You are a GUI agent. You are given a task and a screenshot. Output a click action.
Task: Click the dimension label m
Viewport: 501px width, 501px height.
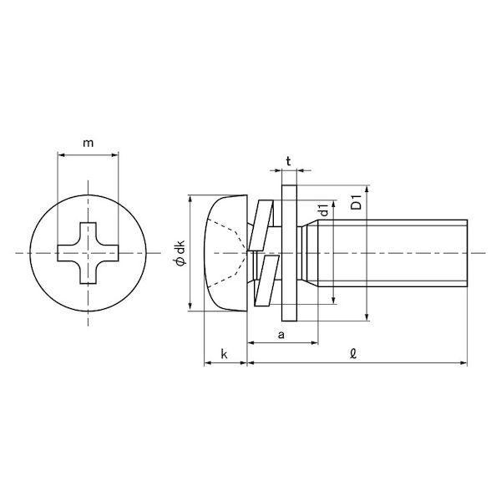[89, 143]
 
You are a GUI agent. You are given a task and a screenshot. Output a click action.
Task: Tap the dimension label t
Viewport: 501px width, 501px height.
[289, 162]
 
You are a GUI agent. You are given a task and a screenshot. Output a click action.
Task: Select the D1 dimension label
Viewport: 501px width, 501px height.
[356, 202]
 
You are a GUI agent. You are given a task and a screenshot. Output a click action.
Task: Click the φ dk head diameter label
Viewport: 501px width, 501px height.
[180, 253]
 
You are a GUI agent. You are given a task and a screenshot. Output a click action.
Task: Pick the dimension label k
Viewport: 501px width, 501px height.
[225, 354]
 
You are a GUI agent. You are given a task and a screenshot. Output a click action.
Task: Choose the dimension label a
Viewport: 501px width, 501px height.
[281, 335]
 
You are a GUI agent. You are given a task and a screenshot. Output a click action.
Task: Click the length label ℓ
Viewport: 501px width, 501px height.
[352, 354]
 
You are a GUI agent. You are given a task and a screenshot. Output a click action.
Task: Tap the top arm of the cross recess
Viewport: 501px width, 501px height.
[88, 232]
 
